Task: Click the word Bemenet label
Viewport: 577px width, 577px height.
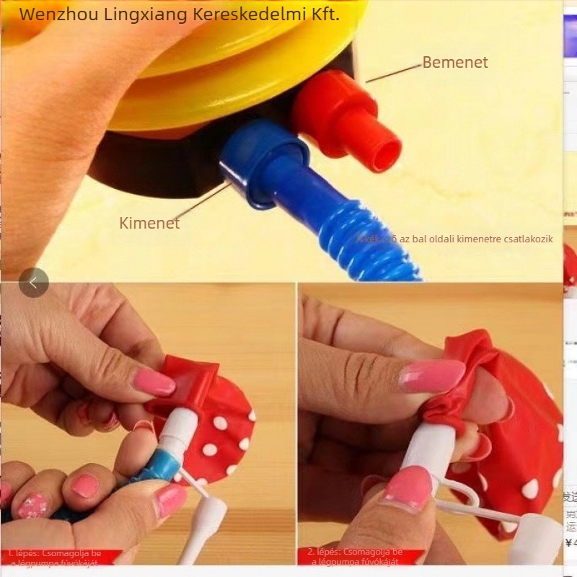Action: point(455,63)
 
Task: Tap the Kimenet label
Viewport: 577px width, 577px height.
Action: point(149,223)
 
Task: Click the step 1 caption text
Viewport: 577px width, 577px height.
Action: point(55,558)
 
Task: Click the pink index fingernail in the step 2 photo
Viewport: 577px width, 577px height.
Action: point(432,376)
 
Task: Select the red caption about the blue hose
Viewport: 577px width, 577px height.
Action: point(455,239)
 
